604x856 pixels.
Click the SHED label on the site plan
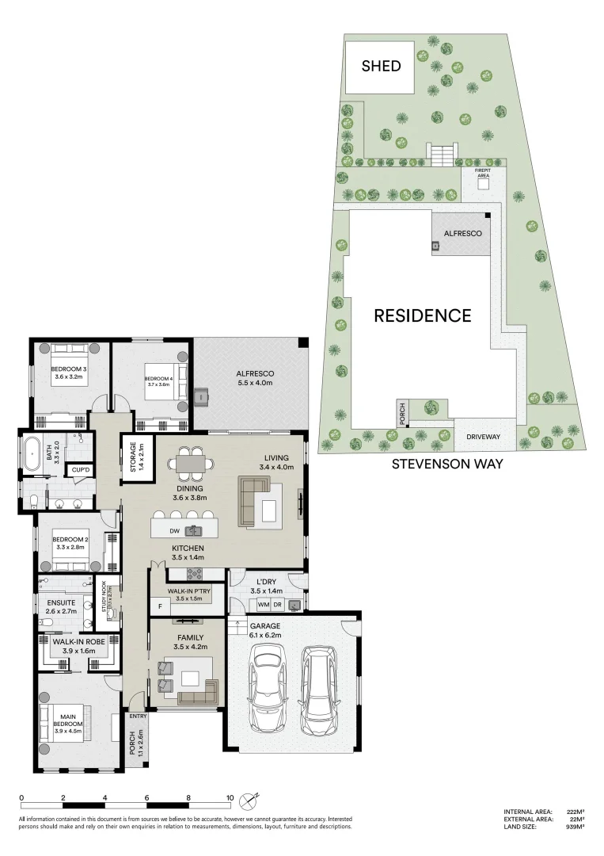point(381,66)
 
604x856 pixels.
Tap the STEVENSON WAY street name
point(447,464)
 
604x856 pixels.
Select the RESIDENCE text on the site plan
point(422,315)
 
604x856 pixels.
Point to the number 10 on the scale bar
point(230,799)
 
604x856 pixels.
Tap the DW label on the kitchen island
point(176,530)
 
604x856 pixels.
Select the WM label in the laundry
point(263,606)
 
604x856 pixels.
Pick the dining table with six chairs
point(190,464)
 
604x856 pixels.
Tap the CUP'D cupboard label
point(80,470)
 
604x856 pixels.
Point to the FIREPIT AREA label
point(483,172)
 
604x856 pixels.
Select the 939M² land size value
point(574,827)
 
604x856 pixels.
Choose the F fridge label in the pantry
point(160,607)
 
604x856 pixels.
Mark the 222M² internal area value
point(574,812)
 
